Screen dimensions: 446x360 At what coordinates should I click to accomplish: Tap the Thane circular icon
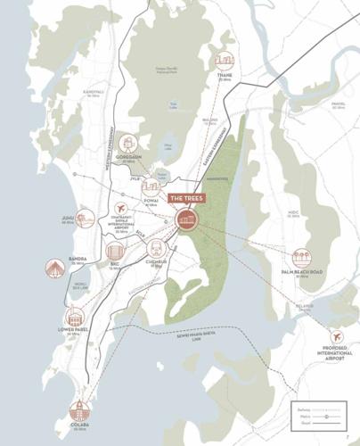pos(224,61)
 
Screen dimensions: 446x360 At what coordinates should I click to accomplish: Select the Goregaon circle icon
pos(129,143)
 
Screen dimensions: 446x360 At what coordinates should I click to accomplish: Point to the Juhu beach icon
pos(86,218)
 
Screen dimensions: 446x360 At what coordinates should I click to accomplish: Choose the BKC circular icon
pos(115,252)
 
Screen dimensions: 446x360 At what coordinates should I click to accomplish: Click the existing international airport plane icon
pos(120,208)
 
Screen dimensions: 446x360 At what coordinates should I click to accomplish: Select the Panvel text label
pos(337,103)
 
